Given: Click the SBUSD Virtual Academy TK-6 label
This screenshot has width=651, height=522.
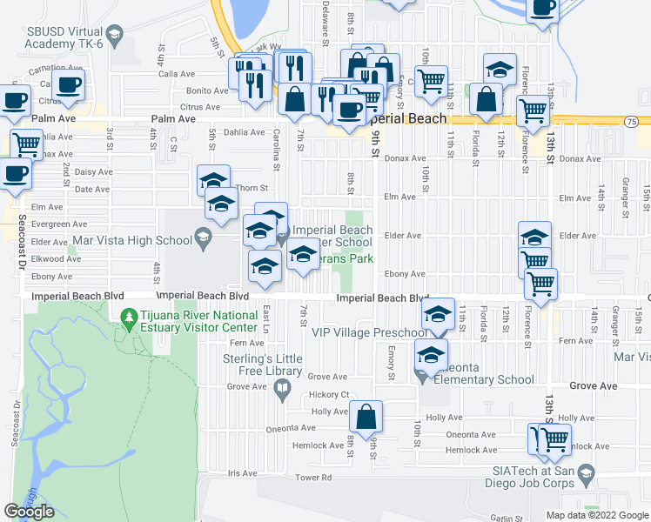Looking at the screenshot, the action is (64, 40).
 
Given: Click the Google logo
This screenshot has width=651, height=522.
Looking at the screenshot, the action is (29, 512).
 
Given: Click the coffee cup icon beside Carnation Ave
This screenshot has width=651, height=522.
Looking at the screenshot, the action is (68, 84).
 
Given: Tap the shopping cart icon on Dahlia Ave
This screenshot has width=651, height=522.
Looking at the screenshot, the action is (26, 143).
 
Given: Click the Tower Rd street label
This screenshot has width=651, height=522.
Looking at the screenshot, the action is (313, 478).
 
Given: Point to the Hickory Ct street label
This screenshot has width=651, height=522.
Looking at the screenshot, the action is (330, 394).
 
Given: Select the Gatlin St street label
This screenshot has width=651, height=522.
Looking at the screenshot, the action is (504, 518).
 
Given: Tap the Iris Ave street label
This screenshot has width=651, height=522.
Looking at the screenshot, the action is (245, 473).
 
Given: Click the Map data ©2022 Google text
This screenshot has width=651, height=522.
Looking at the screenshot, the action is (596, 515).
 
